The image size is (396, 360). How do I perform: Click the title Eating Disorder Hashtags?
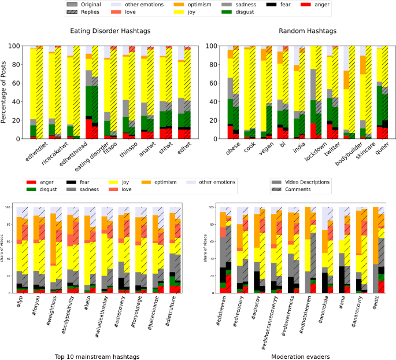110,31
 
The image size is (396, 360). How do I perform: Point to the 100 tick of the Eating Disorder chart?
16,45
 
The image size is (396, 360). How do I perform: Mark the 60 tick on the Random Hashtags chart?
212,83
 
